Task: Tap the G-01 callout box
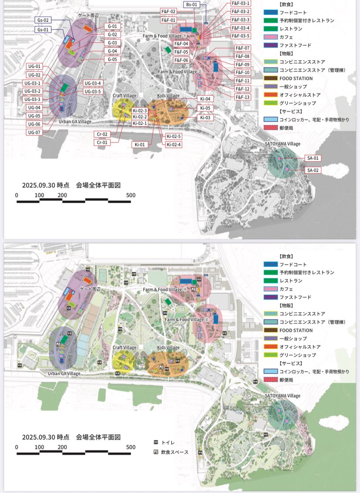(112, 27)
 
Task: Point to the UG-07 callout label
(34, 132)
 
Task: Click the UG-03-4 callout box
(93, 83)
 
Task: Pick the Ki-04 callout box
(205, 99)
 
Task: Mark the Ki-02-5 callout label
(173, 137)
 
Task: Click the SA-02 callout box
(313, 170)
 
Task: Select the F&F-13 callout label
(243, 97)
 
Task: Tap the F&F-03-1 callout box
(240, 3)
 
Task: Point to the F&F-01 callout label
(168, 20)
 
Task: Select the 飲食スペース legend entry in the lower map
(171, 452)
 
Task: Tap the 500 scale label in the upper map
(131, 195)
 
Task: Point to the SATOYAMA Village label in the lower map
(283, 396)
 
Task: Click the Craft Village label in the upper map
(125, 95)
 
